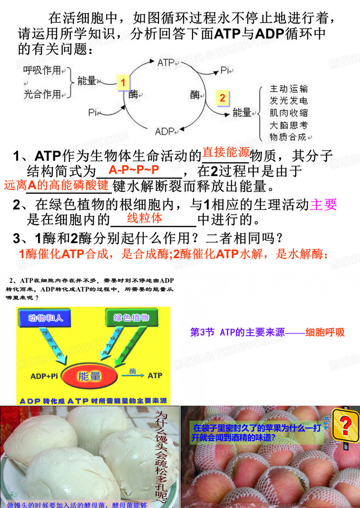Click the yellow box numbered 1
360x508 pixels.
pyautogui.click(x=122, y=82)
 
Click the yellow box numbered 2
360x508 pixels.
pyautogui.click(x=222, y=98)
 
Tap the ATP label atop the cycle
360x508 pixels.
pyautogui.click(x=166, y=63)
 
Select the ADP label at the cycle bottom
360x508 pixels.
pyautogui.click(x=165, y=131)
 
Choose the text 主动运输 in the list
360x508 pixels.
pyautogui.click(x=288, y=89)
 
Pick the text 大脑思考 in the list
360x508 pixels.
pyautogui.click(x=288, y=125)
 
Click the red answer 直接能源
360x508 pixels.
pyautogui.click(x=225, y=152)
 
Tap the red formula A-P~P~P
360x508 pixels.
pyautogui.click(x=134, y=170)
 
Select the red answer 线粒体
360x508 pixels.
pyautogui.click(x=144, y=218)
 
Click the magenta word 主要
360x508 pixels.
pyautogui.click(x=324, y=205)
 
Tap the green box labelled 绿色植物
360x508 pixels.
pyautogui.click(x=131, y=318)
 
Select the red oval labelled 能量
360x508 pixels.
pyautogui.click(x=90, y=376)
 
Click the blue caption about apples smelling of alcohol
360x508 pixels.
pyautogui.click(x=257, y=432)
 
